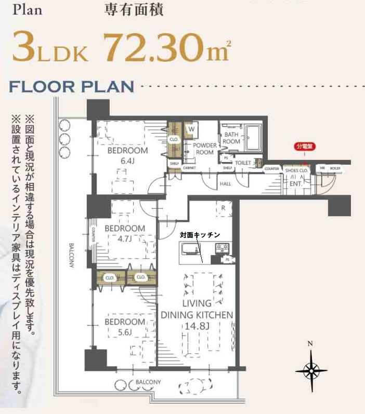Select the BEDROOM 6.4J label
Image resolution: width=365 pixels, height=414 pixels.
[127, 155]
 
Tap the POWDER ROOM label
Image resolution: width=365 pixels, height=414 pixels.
[204, 149]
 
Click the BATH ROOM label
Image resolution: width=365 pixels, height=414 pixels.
[231, 138]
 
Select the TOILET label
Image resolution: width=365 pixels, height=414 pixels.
[243, 163]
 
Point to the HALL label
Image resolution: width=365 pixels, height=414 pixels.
[225, 183]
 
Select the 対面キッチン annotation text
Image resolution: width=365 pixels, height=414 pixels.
[200, 235]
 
